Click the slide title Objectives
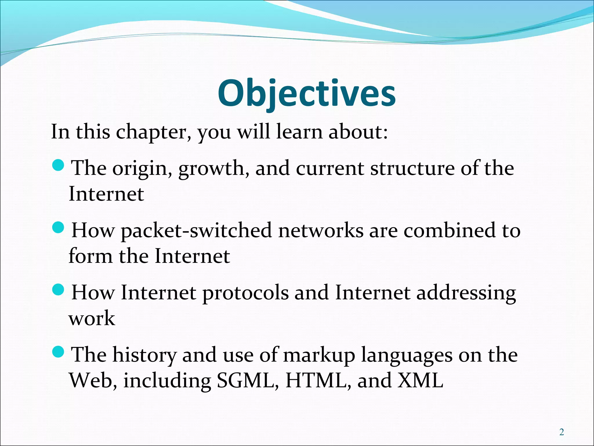click(307, 93)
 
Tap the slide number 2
click(562, 432)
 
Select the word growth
click(214, 169)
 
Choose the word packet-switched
click(196, 231)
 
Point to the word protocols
click(245, 293)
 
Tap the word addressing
click(466, 293)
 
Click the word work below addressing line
click(92, 318)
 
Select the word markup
click(319, 355)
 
